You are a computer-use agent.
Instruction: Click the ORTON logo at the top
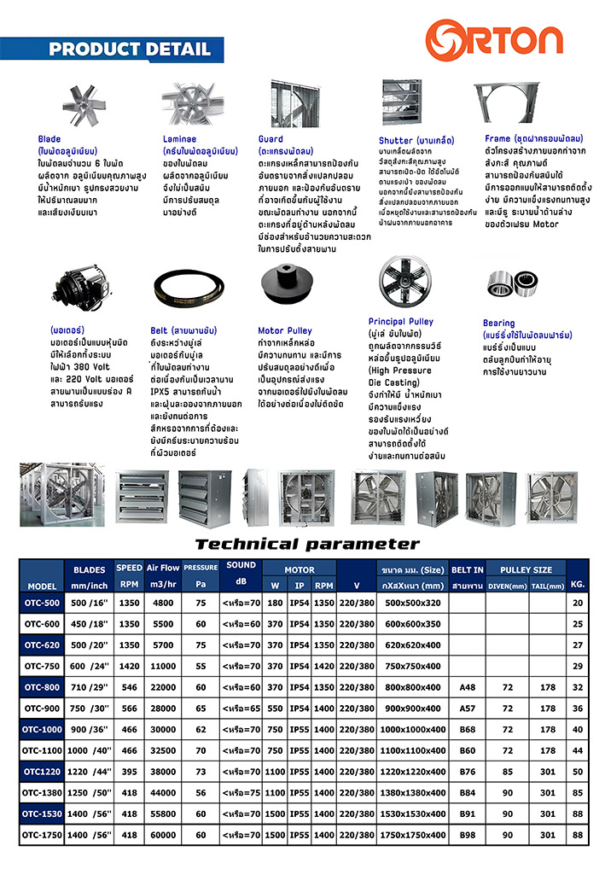pyautogui.click(x=496, y=38)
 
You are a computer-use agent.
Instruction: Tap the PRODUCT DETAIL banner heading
pyautogui.click(x=129, y=50)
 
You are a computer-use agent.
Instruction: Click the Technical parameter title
pyautogui.click(x=307, y=544)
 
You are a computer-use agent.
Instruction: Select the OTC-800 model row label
pyautogui.click(x=41, y=686)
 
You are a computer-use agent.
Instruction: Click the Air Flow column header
pyautogui.click(x=163, y=568)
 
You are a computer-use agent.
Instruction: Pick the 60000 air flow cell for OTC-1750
pyautogui.click(x=163, y=835)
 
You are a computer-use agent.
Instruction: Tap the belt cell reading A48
pyautogui.click(x=467, y=686)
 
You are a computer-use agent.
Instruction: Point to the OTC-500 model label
pyautogui.click(x=41, y=603)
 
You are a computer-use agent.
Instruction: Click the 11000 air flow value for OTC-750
pyautogui.click(x=163, y=665)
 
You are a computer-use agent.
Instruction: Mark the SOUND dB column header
pyautogui.click(x=241, y=573)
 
